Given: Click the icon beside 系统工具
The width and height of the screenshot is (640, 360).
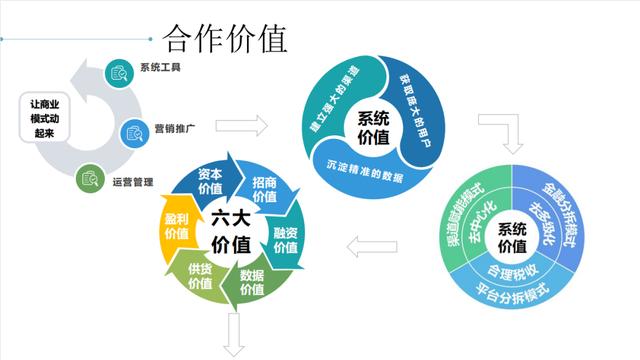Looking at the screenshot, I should (x=119, y=71).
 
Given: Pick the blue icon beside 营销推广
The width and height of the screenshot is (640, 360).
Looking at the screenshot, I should (x=135, y=131).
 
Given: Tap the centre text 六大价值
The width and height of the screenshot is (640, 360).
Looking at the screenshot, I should (x=232, y=232).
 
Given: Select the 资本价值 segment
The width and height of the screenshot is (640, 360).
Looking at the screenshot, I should (x=211, y=180).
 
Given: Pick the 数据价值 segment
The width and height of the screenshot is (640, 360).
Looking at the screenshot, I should (x=253, y=283).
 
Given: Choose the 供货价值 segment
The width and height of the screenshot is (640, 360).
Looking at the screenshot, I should (x=200, y=275).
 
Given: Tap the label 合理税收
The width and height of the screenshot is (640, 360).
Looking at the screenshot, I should (x=512, y=270).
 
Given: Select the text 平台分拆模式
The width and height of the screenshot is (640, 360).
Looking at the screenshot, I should (x=512, y=296).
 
